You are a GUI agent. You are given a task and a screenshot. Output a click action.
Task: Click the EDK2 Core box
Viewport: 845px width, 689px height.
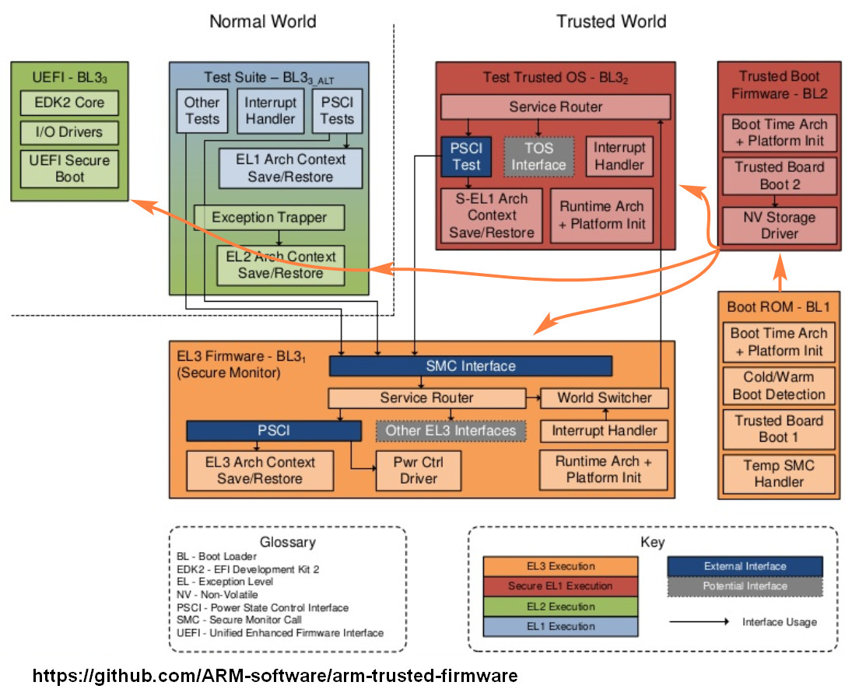[69, 103]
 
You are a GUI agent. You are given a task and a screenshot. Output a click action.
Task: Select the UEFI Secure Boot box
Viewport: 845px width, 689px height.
[69, 169]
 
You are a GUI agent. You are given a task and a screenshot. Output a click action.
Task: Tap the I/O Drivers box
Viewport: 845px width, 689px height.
[69, 132]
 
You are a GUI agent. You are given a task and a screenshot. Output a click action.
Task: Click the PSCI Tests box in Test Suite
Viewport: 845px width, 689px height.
[337, 110]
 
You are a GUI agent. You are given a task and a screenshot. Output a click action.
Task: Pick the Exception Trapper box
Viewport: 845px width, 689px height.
[268, 218]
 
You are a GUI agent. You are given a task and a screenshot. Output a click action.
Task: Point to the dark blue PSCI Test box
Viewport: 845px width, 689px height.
[467, 156]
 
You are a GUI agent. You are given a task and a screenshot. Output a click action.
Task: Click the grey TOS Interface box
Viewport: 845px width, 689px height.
[538, 156]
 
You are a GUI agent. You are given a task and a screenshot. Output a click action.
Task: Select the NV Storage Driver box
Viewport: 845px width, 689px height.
[780, 226]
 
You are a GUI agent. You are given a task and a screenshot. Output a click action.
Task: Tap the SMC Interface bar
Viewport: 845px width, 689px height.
[470, 365]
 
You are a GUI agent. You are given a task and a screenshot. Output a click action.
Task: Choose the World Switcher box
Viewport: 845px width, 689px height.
[605, 397]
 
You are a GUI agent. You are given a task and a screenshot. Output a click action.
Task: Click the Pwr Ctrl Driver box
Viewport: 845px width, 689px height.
[419, 470]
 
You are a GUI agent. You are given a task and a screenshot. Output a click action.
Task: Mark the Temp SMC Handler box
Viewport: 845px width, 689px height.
[779, 473]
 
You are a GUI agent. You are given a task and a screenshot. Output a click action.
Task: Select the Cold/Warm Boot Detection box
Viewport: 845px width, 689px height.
[779, 385]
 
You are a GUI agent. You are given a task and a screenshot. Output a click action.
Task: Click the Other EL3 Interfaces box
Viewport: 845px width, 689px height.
[451, 430]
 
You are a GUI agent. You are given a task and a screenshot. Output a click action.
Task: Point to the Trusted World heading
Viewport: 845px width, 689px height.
[611, 21]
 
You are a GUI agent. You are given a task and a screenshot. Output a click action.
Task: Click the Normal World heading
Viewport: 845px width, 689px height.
[262, 21]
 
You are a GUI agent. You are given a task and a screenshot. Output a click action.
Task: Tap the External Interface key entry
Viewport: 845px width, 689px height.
[745, 566]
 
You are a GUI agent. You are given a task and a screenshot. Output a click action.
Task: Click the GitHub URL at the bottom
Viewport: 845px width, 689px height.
[275, 673]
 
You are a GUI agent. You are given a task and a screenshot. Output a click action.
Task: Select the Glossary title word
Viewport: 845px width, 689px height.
[287, 542]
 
